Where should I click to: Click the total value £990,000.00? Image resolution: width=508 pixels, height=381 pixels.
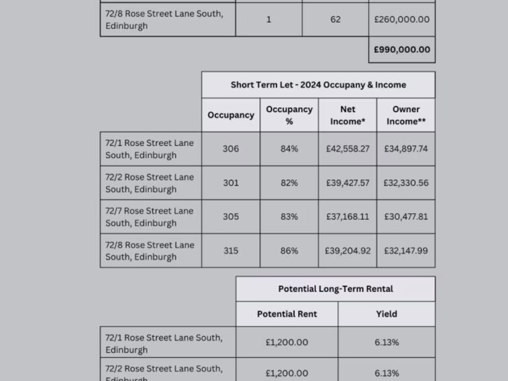[402, 50]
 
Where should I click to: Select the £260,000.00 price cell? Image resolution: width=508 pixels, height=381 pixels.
[402, 19]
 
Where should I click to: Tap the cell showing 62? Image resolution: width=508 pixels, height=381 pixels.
[335, 19]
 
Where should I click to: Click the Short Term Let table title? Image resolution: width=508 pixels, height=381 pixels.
[318, 85]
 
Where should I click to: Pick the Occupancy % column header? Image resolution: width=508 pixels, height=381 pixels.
[289, 115]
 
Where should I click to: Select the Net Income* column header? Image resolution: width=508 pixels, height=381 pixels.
[348, 115]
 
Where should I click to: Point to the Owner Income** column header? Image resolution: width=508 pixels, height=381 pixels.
[406, 115]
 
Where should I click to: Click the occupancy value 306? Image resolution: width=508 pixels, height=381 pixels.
[231, 149]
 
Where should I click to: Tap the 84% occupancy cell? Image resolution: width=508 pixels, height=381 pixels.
[289, 149]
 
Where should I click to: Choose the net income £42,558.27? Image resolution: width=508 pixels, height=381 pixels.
[348, 149]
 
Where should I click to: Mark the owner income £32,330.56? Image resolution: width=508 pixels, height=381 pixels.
[406, 183]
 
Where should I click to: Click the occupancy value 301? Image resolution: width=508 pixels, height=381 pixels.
[231, 183]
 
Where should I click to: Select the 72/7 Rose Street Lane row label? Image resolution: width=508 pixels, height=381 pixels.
[149, 217]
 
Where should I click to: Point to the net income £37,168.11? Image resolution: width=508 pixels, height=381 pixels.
[348, 217]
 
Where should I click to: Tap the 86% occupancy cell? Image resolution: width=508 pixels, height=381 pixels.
[289, 251]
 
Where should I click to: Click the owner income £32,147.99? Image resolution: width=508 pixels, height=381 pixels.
[406, 251]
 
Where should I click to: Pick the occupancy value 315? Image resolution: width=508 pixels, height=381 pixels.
[231, 251]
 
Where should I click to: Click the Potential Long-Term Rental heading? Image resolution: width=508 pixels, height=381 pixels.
[335, 289]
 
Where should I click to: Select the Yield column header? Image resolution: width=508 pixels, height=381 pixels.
[386, 314]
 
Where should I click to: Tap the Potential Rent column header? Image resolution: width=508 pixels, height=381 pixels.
[287, 314]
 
